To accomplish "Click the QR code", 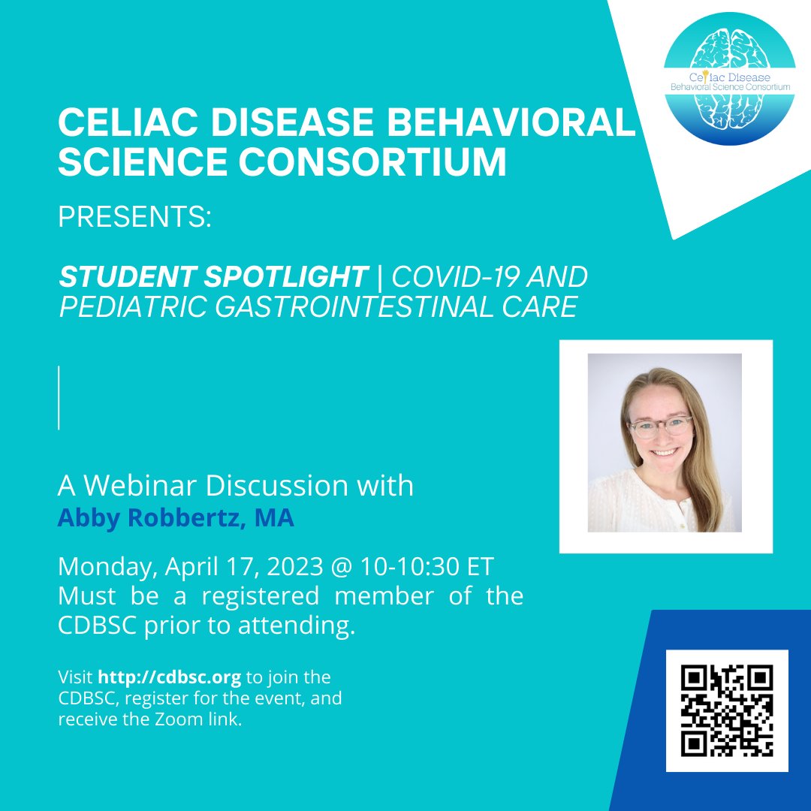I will pyautogui.click(x=727, y=710).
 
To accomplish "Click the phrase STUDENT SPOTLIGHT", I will pyautogui.click(x=213, y=277).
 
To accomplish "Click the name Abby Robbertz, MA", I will pyautogui.click(x=176, y=519).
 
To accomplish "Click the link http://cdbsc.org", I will pyautogui.click(x=169, y=677).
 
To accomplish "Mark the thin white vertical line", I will pyautogui.click(x=59, y=397).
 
